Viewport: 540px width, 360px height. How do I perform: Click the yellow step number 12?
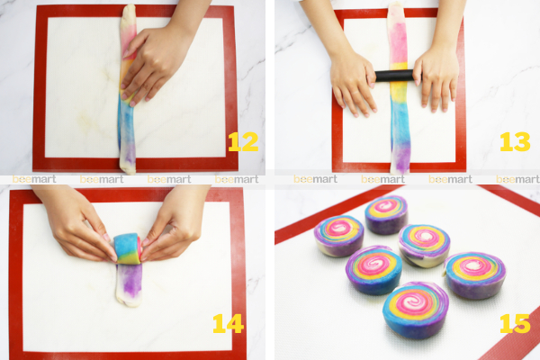[x=243, y=141]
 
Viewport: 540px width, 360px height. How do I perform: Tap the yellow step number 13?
[x=515, y=141]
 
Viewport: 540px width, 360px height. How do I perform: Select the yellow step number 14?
[x=228, y=323]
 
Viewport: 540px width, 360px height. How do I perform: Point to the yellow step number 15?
[x=515, y=323]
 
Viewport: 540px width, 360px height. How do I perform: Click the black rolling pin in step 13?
[x=395, y=76]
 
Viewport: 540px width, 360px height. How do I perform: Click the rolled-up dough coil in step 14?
[x=128, y=248]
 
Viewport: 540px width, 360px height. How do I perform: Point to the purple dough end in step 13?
[x=400, y=158]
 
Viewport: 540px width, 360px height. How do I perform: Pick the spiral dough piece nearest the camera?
[x=416, y=310]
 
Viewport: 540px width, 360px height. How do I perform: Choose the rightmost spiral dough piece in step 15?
[x=475, y=274]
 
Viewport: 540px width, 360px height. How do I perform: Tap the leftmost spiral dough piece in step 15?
[x=339, y=235]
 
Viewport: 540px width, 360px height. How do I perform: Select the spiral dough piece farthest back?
[x=386, y=214]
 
